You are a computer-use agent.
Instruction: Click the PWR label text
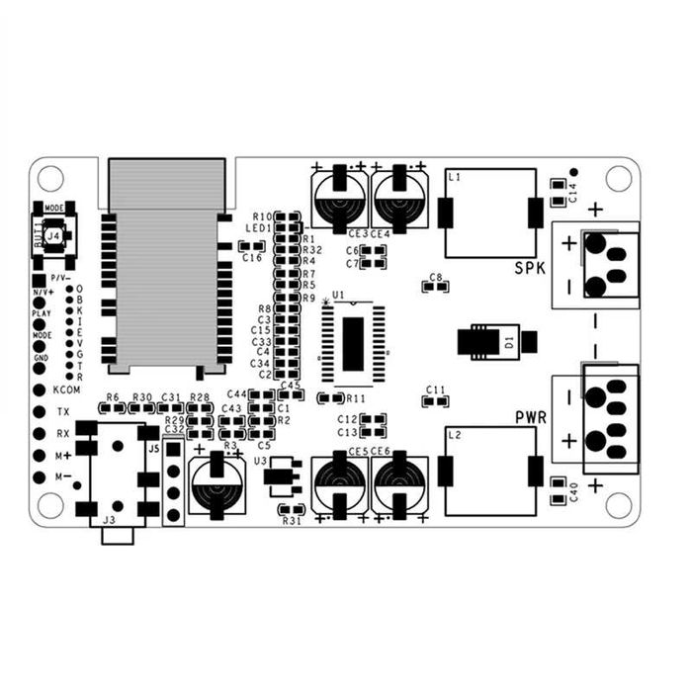click(x=530, y=417)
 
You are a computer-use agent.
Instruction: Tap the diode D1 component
click(x=497, y=342)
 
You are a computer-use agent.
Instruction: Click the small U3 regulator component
click(x=284, y=476)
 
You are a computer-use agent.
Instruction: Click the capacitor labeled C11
click(x=436, y=401)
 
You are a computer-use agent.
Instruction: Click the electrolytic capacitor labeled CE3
click(x=340, y=198)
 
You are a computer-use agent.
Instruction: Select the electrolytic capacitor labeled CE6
click(x=400, y=483)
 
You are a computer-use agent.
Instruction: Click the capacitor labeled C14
click(x=557, y=185)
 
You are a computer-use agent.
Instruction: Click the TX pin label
click(x=63, y=411)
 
